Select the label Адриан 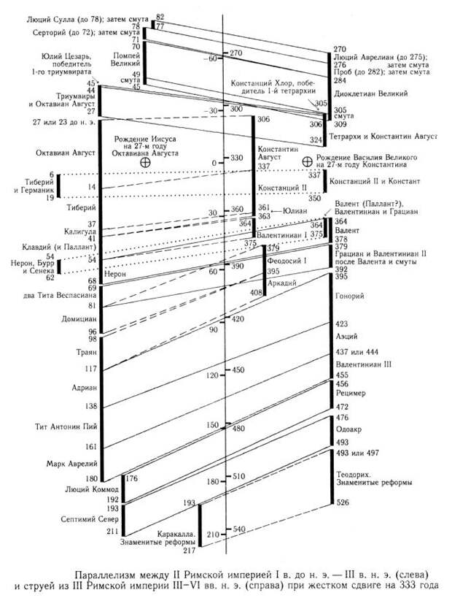(x=84, y=388)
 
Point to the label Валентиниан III (x=363, y=364)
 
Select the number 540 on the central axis (x=239, y=528)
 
